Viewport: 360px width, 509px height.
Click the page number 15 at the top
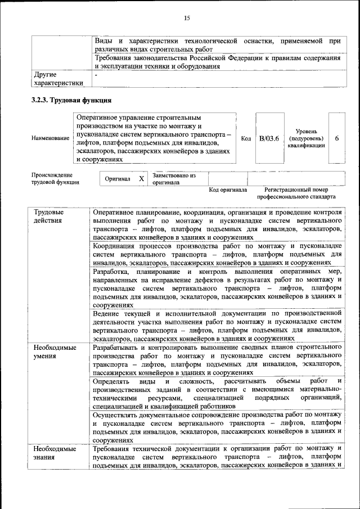[x=187, y=19]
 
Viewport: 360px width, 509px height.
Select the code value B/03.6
[x=269, y=139]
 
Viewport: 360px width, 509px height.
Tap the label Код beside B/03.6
[x=246, y=139]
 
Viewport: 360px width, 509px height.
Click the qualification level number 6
[x=336, y=139]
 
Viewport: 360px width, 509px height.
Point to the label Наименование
[x=51, y=138]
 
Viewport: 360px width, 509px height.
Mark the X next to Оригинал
[x=142, y=179]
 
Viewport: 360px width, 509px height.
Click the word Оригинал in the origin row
[x=118, y=179]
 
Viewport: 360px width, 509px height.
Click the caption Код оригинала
[x=228, y=190]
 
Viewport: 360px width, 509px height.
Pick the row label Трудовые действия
[x=48, y=217]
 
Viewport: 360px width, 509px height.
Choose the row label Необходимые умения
[x=55, y=352]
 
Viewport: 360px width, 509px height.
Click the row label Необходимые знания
[x=55, y=453]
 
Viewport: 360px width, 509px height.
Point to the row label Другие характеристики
[x=58, y=78]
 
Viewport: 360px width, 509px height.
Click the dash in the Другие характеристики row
[x=96, y=74]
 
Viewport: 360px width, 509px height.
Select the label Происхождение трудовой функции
[x=55, y=179]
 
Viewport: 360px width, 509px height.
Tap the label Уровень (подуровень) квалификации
[x=306, y=138]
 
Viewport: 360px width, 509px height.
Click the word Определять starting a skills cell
[x=112, y=382]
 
